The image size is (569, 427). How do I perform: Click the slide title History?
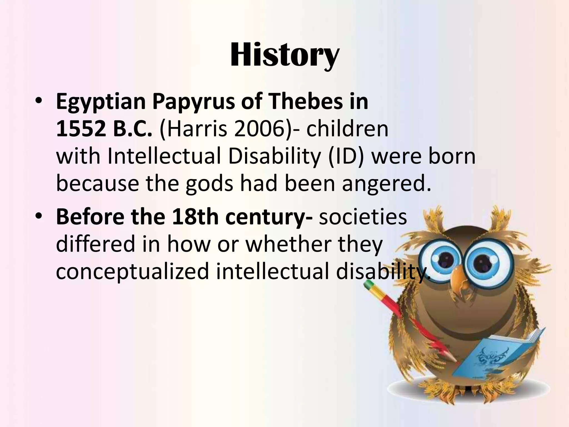284,55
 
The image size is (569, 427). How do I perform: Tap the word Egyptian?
101,102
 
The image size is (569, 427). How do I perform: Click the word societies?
363,217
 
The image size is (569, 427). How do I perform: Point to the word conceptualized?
132,271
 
